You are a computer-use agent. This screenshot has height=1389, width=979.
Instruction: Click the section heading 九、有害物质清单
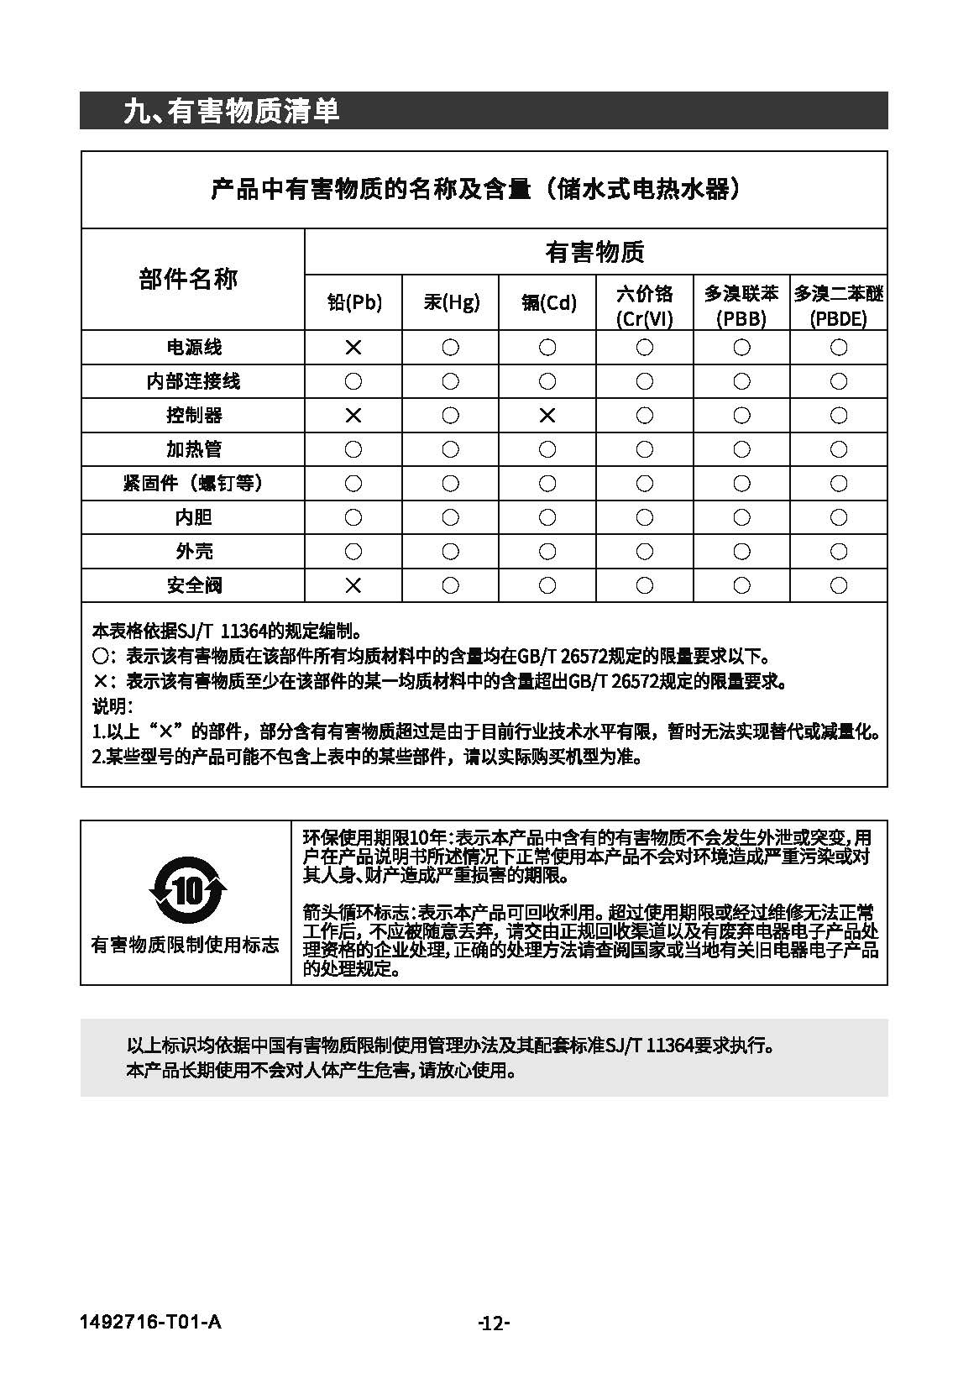(231, 111)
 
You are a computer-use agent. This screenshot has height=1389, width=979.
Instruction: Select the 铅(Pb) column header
(353, 302)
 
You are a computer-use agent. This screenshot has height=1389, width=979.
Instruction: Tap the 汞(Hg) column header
(451, 302)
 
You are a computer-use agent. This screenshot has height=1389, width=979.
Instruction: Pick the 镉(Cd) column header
(548, 302)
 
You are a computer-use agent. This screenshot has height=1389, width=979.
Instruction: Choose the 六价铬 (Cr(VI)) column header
(645, 305)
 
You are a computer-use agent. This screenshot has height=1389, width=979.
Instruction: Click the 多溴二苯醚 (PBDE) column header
(839, 305)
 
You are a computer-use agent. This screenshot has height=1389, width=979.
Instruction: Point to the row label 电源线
(194, 347)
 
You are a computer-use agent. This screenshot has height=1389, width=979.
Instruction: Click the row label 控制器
(194, 415)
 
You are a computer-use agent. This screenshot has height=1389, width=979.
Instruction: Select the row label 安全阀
(194, 584)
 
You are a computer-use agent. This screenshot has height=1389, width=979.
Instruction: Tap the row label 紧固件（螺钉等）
(194, 483)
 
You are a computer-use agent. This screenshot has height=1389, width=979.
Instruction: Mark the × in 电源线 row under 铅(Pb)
(353, 347)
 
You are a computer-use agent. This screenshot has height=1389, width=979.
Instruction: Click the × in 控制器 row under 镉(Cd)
(547, 415)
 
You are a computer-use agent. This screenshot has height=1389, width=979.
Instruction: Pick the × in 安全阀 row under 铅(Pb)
(353, 584)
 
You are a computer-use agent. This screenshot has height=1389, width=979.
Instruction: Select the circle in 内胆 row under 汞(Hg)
(451, 517)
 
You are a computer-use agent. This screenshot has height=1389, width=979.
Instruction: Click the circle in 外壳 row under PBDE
(839, 551)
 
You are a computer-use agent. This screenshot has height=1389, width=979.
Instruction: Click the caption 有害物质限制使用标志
(185, 945)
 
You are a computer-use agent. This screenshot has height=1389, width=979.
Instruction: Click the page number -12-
(494, 1323)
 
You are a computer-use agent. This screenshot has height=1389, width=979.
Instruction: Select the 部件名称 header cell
(188, 279)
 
